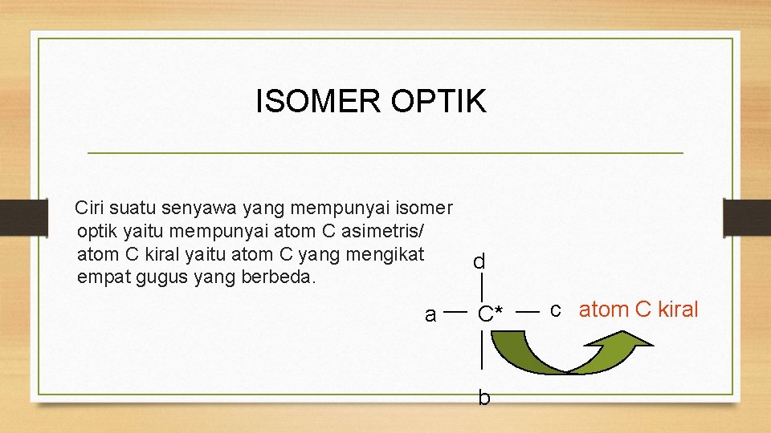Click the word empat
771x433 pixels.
click(x=100, y=277)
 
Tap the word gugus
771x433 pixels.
click(x=157, y=277)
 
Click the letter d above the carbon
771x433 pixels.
click(x=479, y=262)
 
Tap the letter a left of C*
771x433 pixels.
click(x=430, y=315)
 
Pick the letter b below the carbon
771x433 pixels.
click(x=483, y=397)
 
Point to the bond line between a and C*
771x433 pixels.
click(x=455, y=311)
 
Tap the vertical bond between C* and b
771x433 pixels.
click(x=480, y=353)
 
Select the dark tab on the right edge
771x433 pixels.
click(x=746, y=217)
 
